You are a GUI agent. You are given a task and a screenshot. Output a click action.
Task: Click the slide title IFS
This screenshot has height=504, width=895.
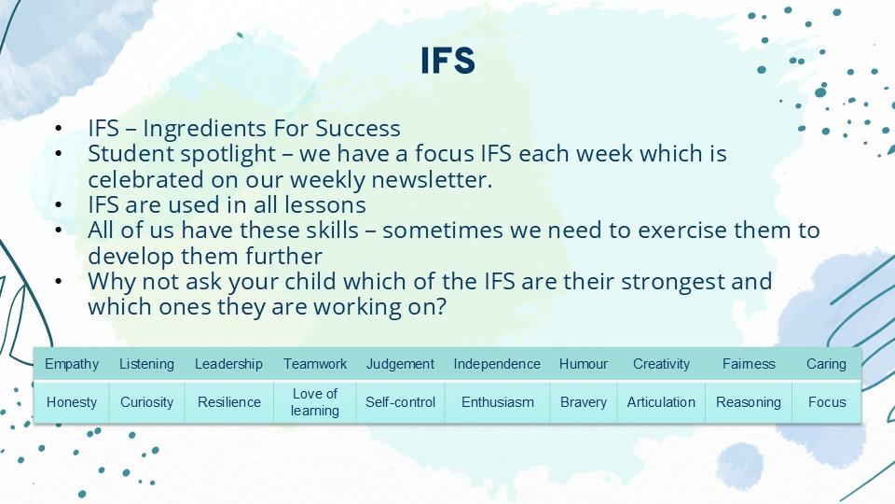tap(448, 61)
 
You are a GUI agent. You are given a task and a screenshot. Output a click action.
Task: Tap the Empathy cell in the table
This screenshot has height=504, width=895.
tap(72, 364)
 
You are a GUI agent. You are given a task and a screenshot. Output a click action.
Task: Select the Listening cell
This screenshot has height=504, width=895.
tap(146, 364)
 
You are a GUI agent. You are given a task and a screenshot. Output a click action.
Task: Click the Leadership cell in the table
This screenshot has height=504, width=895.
tap(229, 364)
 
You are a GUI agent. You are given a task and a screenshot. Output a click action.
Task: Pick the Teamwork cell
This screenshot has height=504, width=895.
tap(315, 364)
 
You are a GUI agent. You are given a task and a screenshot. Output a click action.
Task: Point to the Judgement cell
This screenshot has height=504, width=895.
tap(400, 364)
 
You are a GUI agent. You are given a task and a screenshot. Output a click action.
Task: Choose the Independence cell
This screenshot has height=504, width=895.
tap(497, 364)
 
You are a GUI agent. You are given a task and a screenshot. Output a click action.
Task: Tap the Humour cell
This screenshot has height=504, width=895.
tap(584, 364)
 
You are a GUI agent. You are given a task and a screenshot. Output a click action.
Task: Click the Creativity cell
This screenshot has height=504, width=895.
tap(661, 364)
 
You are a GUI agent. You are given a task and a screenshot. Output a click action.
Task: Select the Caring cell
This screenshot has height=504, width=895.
tap(827, 364)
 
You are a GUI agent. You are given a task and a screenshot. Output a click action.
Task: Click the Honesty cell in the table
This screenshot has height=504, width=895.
tap(72, 402)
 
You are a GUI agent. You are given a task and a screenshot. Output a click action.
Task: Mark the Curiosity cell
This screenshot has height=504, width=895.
tap(146, 402)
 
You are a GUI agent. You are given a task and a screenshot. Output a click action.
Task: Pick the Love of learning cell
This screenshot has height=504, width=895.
tap(315, 402)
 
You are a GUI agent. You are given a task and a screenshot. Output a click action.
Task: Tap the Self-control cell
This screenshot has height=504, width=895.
tap(400, 402)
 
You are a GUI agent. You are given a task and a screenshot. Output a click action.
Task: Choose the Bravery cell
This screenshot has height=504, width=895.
tap(584, 402)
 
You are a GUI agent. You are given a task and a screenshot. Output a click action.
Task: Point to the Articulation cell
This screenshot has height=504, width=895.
tap(661, 402)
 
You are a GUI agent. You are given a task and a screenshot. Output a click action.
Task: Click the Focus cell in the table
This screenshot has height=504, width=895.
tap(827, 402)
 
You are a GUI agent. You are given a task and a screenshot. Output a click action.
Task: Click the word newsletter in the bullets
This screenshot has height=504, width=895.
tap(432, 179)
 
